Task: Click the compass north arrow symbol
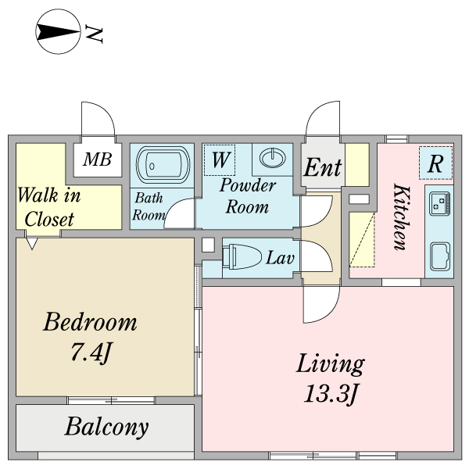[x=59, y=33]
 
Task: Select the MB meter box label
[x=98, y=160]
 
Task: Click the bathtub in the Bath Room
[x=163, y=165]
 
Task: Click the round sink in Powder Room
[x=273, y=157]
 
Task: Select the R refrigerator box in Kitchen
[x=435, y=163]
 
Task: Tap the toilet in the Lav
[x=235, y=257]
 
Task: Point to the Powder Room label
[x=247, y=196]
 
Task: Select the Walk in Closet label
[x=49, y=207]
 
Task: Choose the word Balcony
[x=106, y=427]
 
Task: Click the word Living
[x=330, y=363]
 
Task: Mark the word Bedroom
[x=90, y=322]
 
